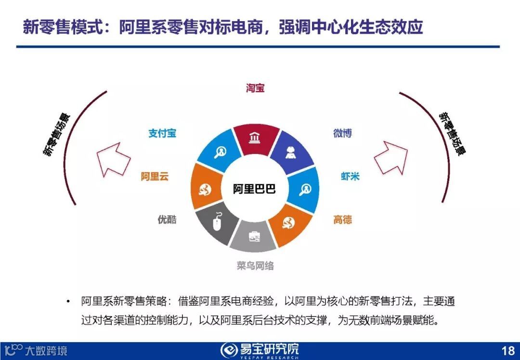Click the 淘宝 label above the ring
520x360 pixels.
pyautogui.click(x=255, y=89)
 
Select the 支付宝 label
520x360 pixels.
pyautogui.click(x=162, y=133)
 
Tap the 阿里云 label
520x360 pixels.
pyautogui.click(x=155, y=177)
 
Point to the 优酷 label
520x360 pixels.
pyautogui.click(x=167, y=219)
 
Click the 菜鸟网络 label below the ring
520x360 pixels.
pyautogui.click(x=255, y=266)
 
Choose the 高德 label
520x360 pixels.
pyautogui.click(x=342, y=220)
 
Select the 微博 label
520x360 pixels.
pyautogui.click(x=342, y=133)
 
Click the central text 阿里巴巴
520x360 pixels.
pyautogui.click(x=255, y=189)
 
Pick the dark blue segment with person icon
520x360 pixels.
pyautogui.click(x=290, y=153)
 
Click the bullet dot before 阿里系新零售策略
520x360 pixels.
pyautogui.click(x=68, y=302)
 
